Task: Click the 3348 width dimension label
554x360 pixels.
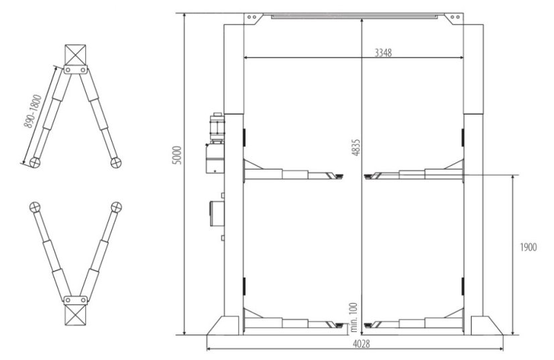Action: (x=383, y=53)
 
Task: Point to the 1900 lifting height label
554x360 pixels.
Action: (x=528, y=247)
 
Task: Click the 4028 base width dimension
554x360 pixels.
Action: (x=362, y=344)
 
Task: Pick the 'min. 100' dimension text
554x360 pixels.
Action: (x=353, y=318)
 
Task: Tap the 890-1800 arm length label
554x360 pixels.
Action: (x=33, y=111)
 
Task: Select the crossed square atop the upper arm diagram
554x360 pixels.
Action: (x=75, y=55)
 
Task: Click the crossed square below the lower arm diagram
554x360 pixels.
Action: (x=75, y=314)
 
